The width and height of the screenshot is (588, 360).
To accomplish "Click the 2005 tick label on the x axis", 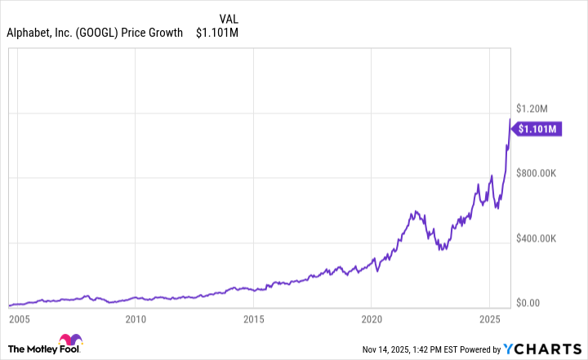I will (19, 318).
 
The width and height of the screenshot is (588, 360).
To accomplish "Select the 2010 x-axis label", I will (136, 318).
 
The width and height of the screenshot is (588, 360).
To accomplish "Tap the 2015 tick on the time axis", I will (254, 318).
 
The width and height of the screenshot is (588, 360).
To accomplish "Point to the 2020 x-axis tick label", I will (372, 318).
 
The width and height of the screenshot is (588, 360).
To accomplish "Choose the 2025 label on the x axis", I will (489, 318).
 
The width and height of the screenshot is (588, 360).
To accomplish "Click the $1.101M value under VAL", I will (216, 33).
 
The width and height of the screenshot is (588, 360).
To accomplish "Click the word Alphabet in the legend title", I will (30, 33).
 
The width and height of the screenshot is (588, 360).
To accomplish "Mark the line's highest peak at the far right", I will (510, 120).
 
